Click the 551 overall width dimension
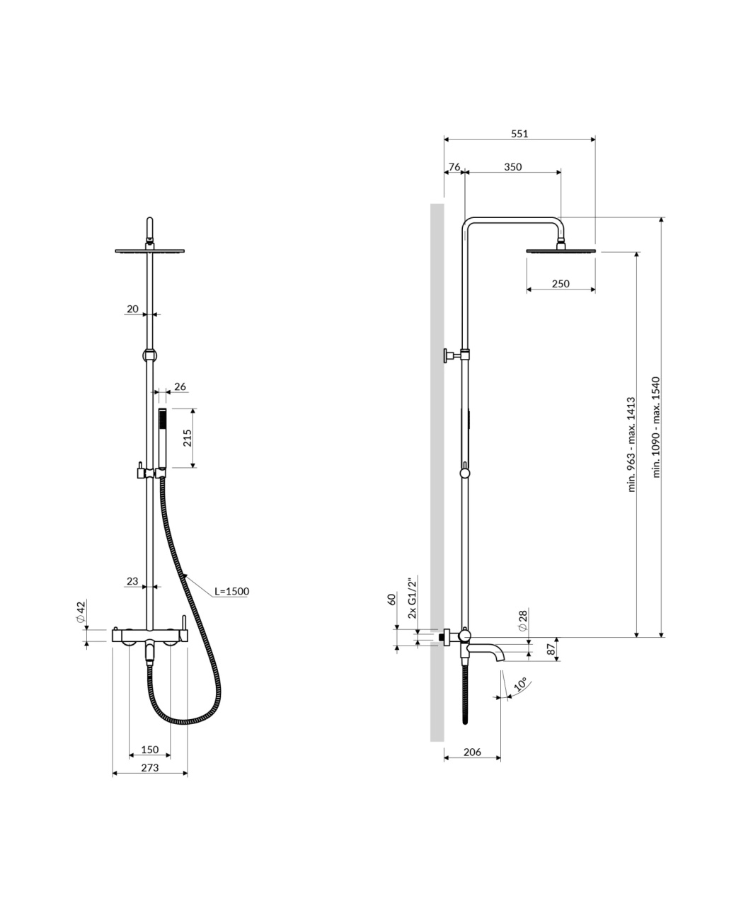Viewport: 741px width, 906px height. coord(519,134)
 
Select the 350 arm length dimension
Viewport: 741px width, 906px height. coord(513,166)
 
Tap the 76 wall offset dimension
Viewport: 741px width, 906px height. coord(454,166)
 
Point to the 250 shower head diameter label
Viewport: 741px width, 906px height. coord(561,284)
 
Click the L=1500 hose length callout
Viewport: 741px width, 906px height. coord(232,591)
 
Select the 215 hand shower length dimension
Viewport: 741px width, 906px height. coord(188,437)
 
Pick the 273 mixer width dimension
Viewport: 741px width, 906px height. coord(150,768)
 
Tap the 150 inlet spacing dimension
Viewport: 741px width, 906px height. coord(150,750)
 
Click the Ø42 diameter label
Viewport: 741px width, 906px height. coord(81,612)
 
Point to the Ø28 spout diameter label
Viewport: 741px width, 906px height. coord(523,621)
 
